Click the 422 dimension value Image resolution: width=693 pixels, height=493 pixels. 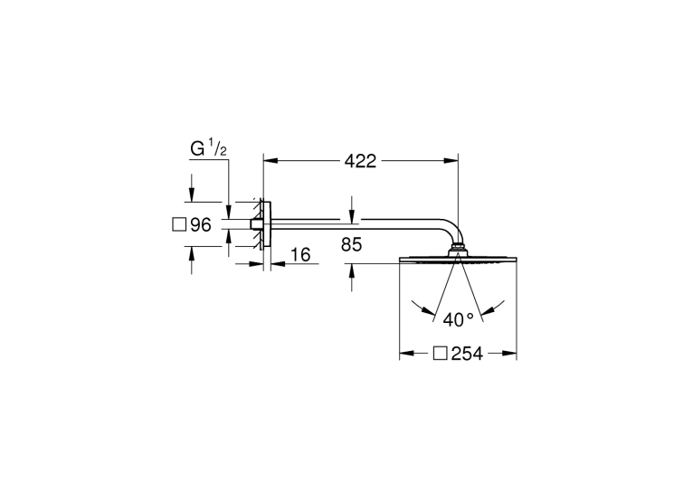360,161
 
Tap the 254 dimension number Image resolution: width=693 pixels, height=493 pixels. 467,354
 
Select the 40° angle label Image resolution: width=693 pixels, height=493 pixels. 459,319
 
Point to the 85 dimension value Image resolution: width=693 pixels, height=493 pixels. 351,244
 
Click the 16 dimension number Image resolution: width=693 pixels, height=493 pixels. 300,255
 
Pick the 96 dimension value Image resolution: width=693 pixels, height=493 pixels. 201,225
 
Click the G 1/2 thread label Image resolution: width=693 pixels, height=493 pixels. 209,148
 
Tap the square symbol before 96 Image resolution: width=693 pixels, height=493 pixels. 179,224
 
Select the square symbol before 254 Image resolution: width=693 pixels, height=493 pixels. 441,354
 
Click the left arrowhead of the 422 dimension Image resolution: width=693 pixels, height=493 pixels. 271,161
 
